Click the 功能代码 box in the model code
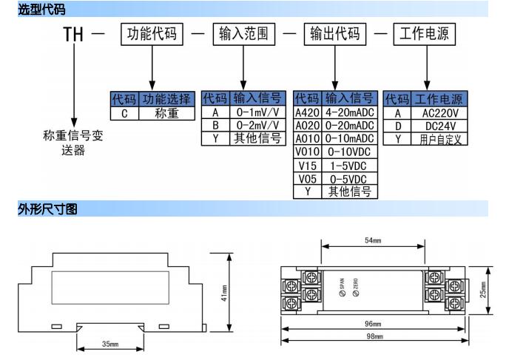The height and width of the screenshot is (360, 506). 153,34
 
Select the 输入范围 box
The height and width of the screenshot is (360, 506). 243,34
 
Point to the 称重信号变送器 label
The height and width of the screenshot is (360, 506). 72,143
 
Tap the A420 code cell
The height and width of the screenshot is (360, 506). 307,113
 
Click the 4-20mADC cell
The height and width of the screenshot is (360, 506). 348,113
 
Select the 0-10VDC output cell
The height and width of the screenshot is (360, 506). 348,152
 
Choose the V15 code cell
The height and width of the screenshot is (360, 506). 307,165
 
